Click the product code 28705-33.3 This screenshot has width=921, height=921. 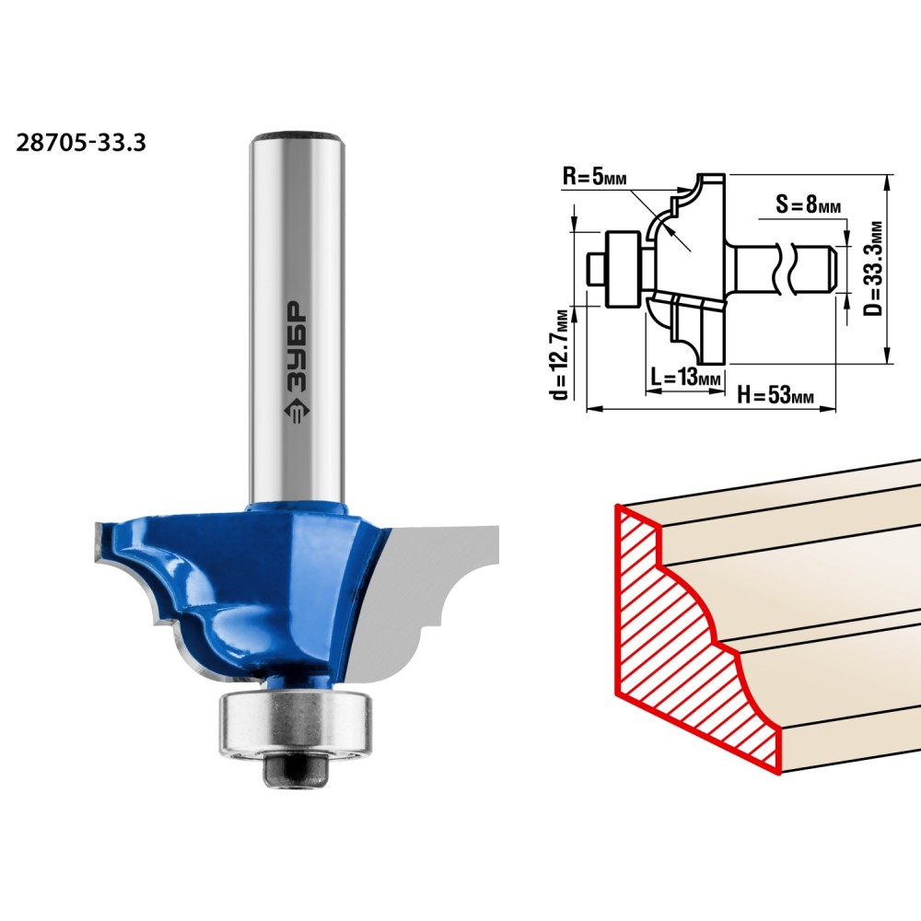click(80, 143)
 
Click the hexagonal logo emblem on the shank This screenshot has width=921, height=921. click(296, 412)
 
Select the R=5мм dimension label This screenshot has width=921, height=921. click(594, 176)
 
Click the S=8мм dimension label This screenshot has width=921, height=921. click(809, 204)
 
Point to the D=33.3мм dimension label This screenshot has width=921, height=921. click(874, 268)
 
